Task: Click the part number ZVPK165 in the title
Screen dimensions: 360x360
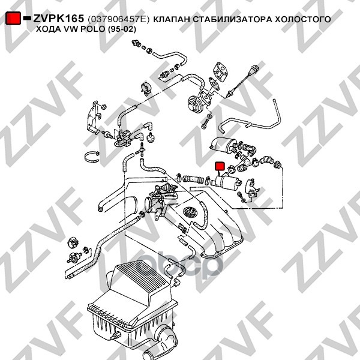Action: coord(59,19)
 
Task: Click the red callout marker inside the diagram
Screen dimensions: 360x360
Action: coord(220,166)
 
